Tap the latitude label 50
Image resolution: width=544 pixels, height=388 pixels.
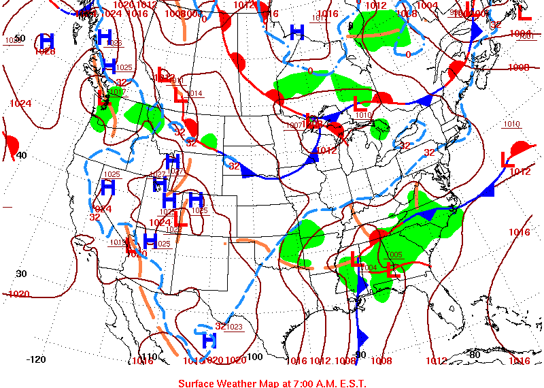pos(20,38)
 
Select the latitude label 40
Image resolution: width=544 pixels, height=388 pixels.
pos(22,155)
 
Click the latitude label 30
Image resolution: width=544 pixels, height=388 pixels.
pos(21,274)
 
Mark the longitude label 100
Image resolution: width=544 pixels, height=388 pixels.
pos(254,356)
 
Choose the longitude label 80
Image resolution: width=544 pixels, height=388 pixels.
pos(475,354)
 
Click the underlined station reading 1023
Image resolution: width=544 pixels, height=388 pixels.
pos(235,327)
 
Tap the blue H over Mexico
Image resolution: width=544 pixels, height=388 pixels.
pos(209,338)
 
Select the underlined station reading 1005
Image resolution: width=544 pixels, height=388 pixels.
pos(394,255)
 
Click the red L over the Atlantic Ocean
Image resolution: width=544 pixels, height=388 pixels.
pos(507,160)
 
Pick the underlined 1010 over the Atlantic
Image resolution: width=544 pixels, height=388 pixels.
pos(511,124)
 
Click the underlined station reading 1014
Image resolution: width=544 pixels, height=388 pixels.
pos(194,93)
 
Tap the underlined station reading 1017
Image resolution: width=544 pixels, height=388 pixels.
pos(116,92)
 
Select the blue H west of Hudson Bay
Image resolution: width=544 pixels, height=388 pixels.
pos(296,31)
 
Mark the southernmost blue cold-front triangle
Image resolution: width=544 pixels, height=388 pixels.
pos(362,338)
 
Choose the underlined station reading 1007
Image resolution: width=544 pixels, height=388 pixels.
pos(294,125)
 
